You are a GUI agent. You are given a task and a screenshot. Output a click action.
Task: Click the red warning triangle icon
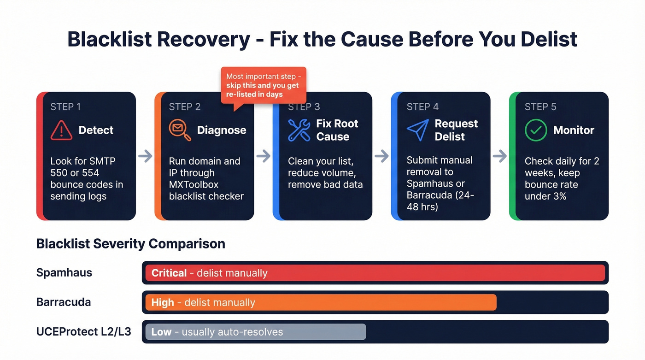click(61, 130)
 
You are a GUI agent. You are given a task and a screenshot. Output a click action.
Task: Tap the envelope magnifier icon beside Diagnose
click(180, 130)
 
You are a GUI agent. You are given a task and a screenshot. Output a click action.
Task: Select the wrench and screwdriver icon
click(299, 130)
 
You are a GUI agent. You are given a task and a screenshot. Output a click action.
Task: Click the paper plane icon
click(417, 130)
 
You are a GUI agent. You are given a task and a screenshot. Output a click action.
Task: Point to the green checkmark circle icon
click(536, 130)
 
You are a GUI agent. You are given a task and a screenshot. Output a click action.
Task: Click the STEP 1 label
click(65, 107)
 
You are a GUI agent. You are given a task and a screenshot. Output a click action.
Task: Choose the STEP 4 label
click(422, 107)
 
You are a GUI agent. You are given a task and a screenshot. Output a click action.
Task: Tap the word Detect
click(96, 130)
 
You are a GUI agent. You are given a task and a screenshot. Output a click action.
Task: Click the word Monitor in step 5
click(574, 130)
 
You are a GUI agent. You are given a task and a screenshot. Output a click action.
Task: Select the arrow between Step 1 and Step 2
click(145, 156)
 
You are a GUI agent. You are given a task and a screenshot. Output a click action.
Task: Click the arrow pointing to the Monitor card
click(499, 156)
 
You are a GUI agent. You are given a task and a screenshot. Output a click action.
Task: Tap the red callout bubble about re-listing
click(263, 85)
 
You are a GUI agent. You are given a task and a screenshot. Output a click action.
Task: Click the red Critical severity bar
click(375, 273)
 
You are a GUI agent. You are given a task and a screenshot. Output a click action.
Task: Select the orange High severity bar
click(321, 302)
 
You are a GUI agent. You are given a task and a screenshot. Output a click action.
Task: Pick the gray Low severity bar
click(255, 332)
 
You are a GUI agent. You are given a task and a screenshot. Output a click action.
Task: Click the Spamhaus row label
click(64, 273)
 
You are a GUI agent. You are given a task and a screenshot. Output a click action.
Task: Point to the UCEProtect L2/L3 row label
click(83, 332)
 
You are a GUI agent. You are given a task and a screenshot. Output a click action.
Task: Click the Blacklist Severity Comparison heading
click(130, 243)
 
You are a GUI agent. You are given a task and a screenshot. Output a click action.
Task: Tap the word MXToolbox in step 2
click(193, 184)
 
